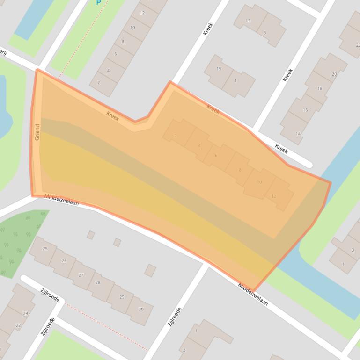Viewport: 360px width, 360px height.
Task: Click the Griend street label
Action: pos(37,132)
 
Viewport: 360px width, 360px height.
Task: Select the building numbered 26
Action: pos(64,261)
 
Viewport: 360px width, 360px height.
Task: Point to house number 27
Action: pos(81,275)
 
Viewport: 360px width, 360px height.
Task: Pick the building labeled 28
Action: pos(98,282)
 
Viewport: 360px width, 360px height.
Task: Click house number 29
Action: pos(122,297)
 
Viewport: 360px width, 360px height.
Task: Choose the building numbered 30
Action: pos(140,309)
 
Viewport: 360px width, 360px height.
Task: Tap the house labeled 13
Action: pos(248,21)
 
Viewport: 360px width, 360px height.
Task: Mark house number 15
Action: pos(219,69)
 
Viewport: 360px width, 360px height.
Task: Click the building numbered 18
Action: pos(319,88)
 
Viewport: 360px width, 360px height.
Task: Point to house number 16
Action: pos(305,110)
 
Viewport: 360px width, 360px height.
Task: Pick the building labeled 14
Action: pos(298,134)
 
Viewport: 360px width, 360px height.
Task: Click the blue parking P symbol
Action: pos(98,2)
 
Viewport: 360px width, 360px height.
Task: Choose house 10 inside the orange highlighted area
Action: pos(259,182)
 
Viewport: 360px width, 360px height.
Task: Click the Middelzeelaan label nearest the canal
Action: pos(253,295)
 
